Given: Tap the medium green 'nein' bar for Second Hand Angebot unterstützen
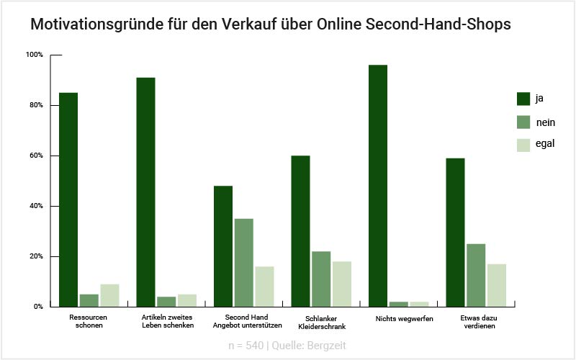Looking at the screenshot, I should coord(244,262).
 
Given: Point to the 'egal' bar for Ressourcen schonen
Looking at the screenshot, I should coord(109,295).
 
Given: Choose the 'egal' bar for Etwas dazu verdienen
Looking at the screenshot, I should coord(496,285).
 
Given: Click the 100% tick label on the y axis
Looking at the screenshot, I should coord(34,55).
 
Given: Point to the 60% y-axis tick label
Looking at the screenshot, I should coord(35,156).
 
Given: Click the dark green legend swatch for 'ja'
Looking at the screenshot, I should coord(523,99).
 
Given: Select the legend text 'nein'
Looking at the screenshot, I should coord(545,122).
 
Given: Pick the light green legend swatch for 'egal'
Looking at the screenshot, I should coord(523,144).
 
